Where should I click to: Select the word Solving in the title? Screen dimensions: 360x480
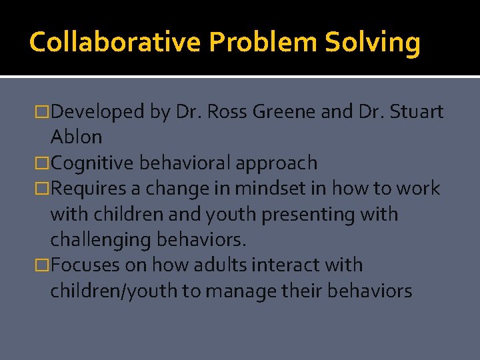pyautogui.click(x=373, y=43)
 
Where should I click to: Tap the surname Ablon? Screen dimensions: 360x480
pyautogui.click(x=76, y=137)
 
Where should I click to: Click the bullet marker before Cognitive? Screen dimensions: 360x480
pyautogui.click(x=43, y=163)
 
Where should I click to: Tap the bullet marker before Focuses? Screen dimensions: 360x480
pyautogui.click(x=43, y=265)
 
